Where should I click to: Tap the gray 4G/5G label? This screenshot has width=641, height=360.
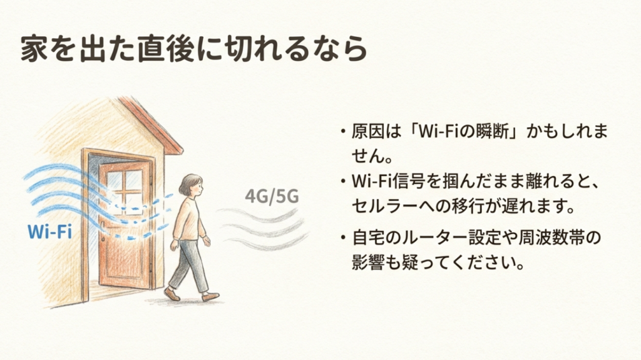(x=272, y=196)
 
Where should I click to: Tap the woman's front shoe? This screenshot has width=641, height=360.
(x=210, y=297)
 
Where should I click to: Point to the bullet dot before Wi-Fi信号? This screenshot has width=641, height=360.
(x=342, y=182)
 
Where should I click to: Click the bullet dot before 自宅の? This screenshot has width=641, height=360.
(x=342, y=239)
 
